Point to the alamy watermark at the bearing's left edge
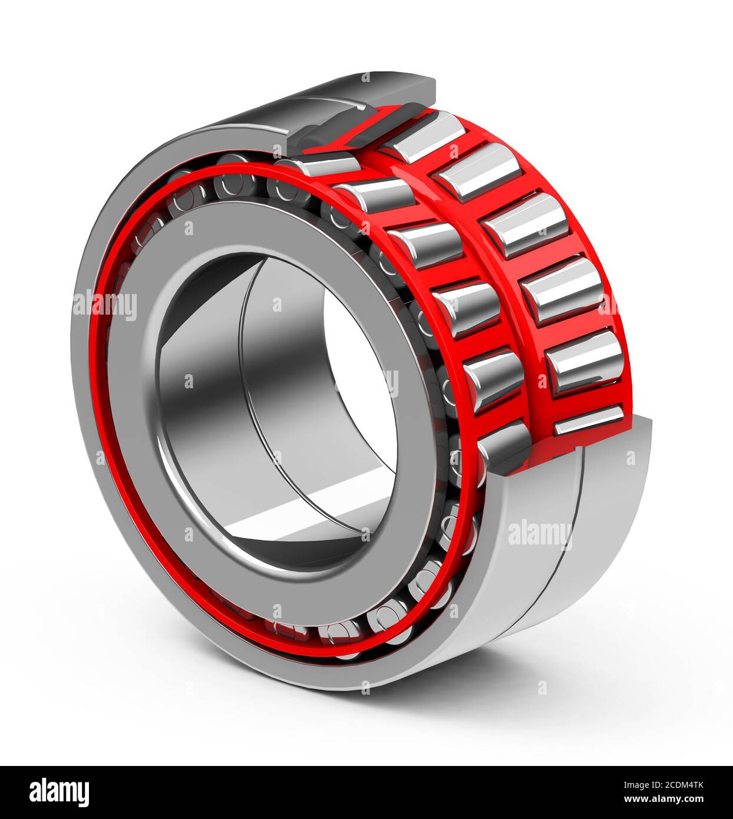coord(105,306)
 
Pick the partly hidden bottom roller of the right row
coord(589,420)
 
